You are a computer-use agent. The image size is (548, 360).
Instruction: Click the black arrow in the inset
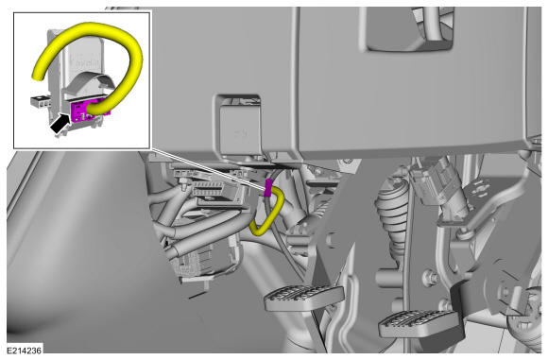[x=60, y=123]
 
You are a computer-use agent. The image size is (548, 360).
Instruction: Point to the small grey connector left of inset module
[x=41, y=101]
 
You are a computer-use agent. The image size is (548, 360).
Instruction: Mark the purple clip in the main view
[x=268, y=188]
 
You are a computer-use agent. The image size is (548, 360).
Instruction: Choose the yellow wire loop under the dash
[x=267, y=212]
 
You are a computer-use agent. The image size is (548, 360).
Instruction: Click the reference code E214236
[x=25, y=351]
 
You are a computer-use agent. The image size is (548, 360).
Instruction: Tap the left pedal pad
[x=303, y=297]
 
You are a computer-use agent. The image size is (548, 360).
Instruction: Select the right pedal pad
[x=420, y=323]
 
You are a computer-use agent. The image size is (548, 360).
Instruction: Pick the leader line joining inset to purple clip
[x=208, y=168]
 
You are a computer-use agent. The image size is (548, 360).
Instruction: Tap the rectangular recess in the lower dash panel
[x=238, y=127]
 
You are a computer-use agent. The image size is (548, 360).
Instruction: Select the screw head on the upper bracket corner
[x=348, y=162]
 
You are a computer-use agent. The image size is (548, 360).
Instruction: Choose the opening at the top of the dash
[x=409, y=28]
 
